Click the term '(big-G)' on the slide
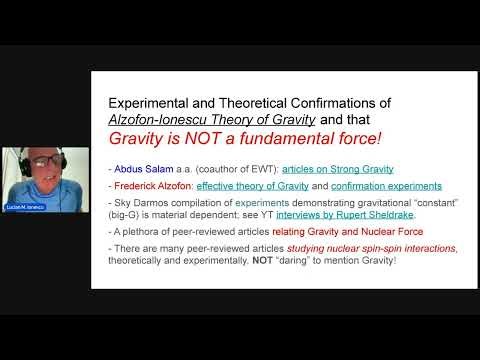[127, 216]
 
